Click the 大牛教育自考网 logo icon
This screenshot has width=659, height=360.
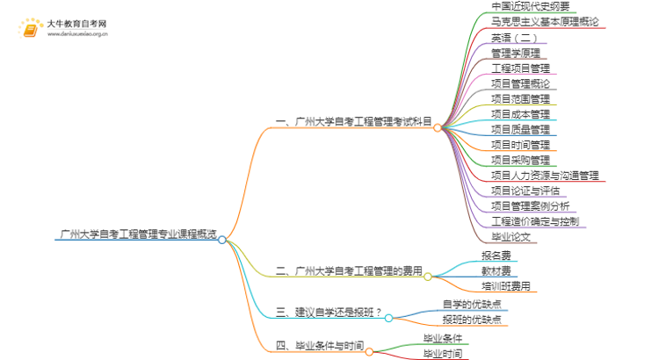(x=31, y=31)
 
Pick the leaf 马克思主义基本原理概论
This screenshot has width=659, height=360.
(x=545, y=22)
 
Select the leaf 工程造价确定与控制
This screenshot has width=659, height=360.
(x=534, y=220)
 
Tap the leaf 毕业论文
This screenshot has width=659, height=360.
(x=511, y=236)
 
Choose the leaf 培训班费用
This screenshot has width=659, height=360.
(x=506, y=285)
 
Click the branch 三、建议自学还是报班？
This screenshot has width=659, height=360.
(x=329, y=312)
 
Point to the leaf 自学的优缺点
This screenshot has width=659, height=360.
(x=472, y=305)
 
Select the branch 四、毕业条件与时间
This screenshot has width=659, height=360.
(x=319, y=346)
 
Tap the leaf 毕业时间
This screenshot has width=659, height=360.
(x=443, y=354)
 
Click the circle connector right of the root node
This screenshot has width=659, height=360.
(x=222, y=240)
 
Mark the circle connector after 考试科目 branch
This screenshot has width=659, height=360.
(x=438, y=127)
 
